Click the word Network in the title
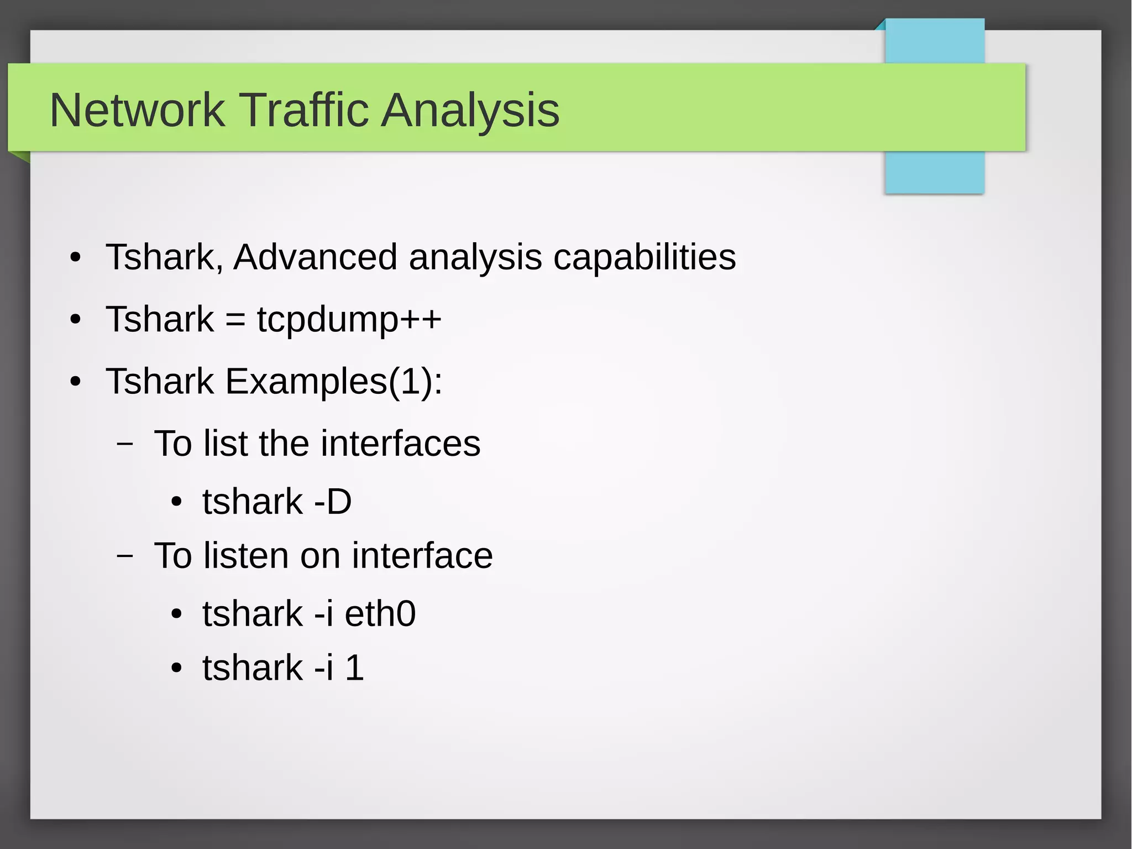pos(137,110)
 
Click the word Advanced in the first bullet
pos(315,257)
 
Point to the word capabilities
pos(644,257)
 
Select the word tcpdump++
pos(349,320)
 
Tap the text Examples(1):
pos(333,382)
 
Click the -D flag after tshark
pos(333,502)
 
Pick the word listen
pos(246,555)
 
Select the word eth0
pos(380,614)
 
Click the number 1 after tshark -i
pos(354,668)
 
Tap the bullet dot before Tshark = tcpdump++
pos(76,320)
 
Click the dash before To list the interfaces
pos(125,444)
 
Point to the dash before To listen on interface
pos(125,555)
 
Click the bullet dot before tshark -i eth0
pos(176,614)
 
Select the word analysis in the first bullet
pos(475,257)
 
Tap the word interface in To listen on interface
pos(422,555)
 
